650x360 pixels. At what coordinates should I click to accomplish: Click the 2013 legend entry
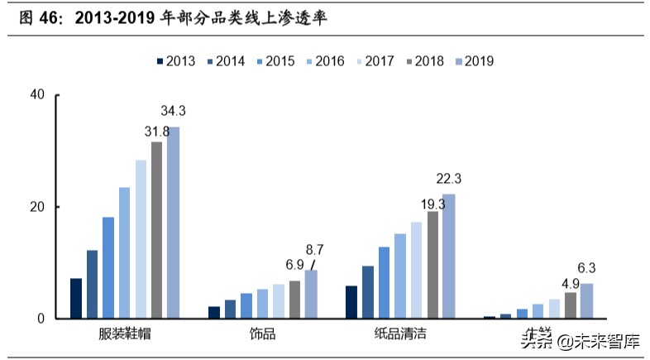coord(175,60)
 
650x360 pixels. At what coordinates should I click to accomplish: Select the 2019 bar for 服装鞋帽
coord(173,223)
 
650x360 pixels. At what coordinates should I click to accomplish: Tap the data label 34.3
coord(174,111)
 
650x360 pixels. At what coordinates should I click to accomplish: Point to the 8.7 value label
coord(314,248)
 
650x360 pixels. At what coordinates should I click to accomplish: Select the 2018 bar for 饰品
coord(294,300)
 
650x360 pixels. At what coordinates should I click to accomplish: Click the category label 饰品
coord(263,334)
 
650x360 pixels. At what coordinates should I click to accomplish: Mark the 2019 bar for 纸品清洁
coord(448,256)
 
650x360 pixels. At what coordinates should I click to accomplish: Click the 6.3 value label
coord(586,267)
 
